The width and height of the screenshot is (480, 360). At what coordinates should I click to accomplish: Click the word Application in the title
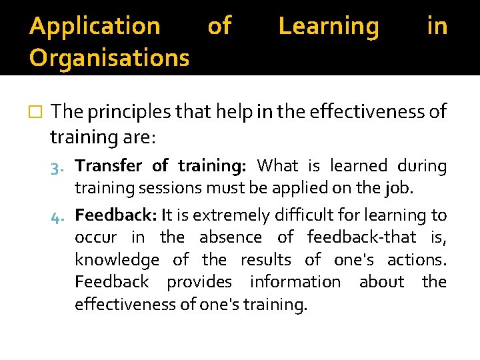point(95,27)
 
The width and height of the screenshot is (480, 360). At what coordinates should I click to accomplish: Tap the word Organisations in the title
point(109,58)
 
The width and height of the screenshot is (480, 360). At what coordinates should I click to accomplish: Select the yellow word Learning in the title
point(329,27)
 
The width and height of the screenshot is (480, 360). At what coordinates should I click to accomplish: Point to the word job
point(399,187)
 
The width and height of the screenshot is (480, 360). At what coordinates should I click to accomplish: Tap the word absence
point(229,237)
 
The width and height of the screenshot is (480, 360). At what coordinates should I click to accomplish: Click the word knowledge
point(117,260)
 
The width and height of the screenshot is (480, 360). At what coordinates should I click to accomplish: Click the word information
point(295,282)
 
